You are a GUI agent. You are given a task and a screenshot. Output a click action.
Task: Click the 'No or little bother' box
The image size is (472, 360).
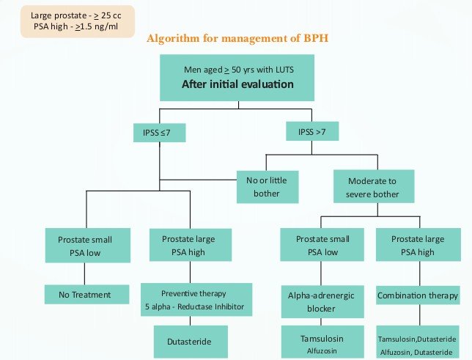267,186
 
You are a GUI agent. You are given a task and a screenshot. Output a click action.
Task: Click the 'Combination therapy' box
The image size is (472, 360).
416,295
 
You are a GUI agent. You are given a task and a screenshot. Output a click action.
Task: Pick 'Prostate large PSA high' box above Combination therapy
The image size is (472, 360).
416,245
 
